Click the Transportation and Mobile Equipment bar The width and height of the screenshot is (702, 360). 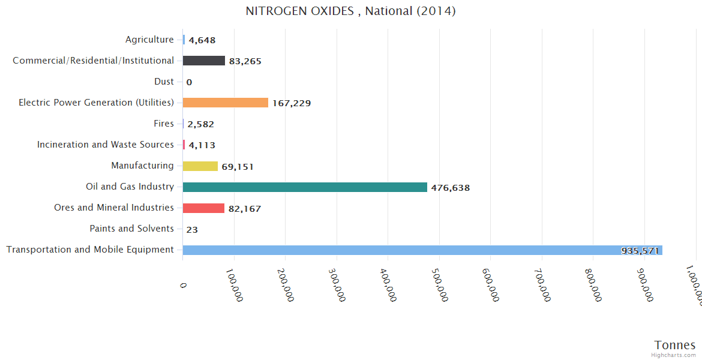[x=420, y=250]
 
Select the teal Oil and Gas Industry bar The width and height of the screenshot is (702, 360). [x=305, y=187]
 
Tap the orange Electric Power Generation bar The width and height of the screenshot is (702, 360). [x=226, y=103]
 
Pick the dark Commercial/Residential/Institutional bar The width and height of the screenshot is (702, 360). [x=204, y=61]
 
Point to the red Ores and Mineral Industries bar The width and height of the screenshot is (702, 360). [x=203, y=208]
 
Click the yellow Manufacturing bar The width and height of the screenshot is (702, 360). [x=200, y=166]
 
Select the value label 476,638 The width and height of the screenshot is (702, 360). [x=450, y=188]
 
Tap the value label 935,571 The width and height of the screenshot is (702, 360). [x=640, y=251]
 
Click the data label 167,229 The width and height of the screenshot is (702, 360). [x=292, y=103]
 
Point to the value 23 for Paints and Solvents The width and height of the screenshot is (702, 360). [x=192, y=230]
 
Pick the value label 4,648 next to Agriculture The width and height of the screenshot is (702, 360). [x=202, y=40]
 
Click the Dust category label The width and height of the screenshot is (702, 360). [x=164, y=82]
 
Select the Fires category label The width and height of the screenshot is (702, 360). [x=164, y=124]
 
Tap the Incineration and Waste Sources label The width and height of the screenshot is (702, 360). [x=106, y=145]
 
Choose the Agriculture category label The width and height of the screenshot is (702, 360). [x=149, y=40]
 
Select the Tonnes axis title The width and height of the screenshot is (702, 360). [x=675, y=345]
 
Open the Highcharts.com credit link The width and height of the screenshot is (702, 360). [x=674, y=355]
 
